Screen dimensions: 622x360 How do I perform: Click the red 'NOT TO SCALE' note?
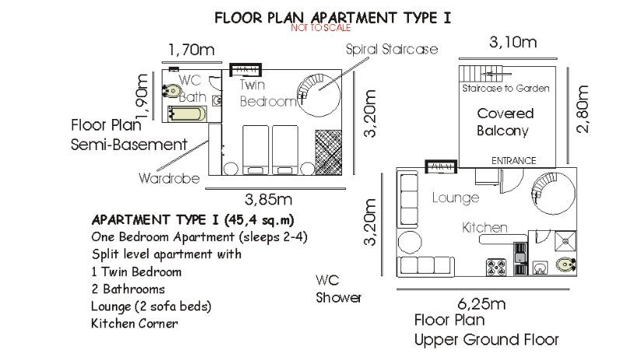[x=320, y=28]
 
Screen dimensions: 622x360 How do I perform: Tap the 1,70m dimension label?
[x=191, y=50]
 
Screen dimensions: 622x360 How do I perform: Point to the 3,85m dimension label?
[x=268, y=199]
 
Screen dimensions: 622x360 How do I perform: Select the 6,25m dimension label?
[x=481, y=304]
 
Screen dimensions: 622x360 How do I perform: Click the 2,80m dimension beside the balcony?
[x=582, y=109]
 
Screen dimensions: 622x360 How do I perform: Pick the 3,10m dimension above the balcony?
[x=513, y=42]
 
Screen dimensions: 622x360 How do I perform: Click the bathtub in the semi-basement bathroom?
[x=187, y=114]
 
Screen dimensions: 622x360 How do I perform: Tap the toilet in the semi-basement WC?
[x=170, y=91]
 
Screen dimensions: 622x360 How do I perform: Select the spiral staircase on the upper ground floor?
[x=554, y=194]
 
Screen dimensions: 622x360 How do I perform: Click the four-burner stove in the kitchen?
[x=496, y=267]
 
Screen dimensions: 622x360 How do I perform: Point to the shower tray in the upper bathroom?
[x=565, y=241]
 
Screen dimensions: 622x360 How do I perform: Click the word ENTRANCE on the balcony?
[x=514, y=161]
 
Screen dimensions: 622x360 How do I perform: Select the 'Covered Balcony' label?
[x=505, y=122]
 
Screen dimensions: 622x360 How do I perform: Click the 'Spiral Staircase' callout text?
[x=392, y=49]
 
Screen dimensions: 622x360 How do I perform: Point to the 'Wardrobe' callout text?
[x=169, y=178]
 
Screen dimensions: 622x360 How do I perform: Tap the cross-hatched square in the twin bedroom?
[x=328, y=152]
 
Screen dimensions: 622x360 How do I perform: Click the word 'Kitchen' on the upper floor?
[x=484, y=228]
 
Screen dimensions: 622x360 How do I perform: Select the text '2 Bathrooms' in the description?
[x=128, y=289]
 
